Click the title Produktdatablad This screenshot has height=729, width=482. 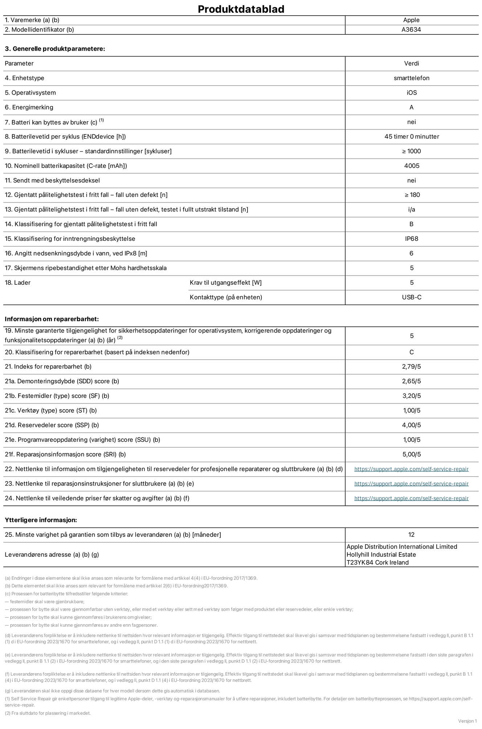(x=241, y=9)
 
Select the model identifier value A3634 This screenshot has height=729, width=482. (x=411, y=30)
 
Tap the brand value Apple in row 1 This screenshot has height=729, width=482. (x=411, y=20)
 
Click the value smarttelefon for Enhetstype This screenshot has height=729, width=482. (x=411, y=78)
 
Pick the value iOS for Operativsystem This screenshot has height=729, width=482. (x=412, y=93)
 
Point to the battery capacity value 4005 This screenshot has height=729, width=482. (x=412, y=166)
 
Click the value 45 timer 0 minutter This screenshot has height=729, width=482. (x=412, y=137)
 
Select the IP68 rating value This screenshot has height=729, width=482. (x=412, y=239)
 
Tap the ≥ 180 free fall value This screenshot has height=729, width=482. (x=412, y=195)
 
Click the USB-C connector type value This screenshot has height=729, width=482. (x=412, y=297)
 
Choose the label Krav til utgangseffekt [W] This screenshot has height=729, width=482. (x=225, y=283)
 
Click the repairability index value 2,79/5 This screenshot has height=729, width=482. (x=411, y=367)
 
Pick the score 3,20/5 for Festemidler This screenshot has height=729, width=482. (x=411, y=396)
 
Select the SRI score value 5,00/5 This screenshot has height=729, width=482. (x=411, y=454)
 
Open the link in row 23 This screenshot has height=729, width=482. (x=411, y=484)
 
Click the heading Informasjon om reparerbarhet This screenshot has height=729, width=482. (x=52, y=319)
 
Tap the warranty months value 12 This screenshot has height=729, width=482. (x=411, y=535)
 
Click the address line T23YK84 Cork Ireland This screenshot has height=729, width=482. (x=377, y=563)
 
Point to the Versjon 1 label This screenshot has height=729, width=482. (x=467, y=721)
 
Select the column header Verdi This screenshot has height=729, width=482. (x=411, y=63)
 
